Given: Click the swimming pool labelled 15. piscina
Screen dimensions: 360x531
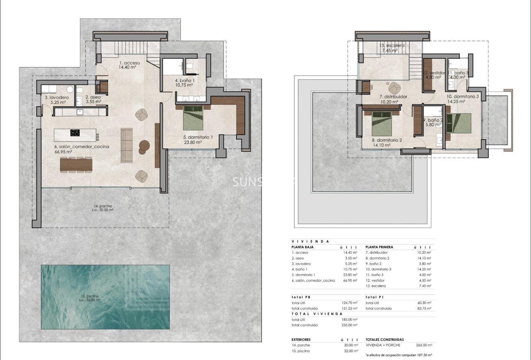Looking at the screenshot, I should [105, 297].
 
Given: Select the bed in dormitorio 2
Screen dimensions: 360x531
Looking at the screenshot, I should [382, 123].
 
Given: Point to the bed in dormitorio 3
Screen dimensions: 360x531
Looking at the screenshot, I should [459, 123].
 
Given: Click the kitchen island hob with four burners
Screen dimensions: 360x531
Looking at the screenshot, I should [75, 132].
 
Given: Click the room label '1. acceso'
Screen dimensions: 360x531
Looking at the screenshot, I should [130, 63].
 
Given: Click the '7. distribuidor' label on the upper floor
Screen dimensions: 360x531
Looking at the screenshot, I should [393, 97].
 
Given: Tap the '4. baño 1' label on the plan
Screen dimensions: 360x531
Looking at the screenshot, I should [185, 80].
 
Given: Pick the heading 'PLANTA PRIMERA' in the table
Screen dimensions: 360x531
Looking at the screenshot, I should [379, 247].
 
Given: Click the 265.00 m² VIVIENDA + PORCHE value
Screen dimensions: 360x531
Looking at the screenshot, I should [424, 345].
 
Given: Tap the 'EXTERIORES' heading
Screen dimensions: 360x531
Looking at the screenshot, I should [301, 339].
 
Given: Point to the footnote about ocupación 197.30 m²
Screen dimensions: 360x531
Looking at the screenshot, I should [398, 356].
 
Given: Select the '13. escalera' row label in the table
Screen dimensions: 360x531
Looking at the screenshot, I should [376, 286].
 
